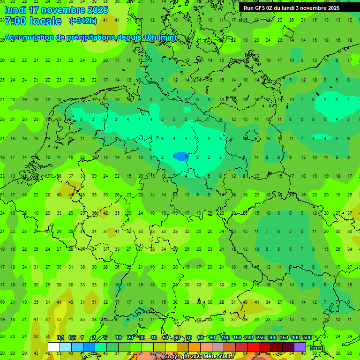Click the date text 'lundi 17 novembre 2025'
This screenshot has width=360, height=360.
tap(56, 10)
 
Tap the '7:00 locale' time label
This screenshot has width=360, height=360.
tap(33, 21)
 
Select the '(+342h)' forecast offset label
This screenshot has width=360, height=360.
tap(83, 21)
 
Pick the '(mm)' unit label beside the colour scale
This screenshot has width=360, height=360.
tap(317, 348)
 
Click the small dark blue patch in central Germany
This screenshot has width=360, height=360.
tap(180, 156)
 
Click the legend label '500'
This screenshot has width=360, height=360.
tap(307, 338)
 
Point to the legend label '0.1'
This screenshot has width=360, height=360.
tap(60, 338)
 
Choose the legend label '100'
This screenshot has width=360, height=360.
tap(225, 338)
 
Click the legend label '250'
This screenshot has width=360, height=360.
tap(261, 338)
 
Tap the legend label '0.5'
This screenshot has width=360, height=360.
tap(72, 338)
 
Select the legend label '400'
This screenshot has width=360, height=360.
tap(296, 338)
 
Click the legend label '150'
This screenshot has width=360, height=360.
tap(237, 338)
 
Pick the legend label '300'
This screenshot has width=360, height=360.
tap(272, 338)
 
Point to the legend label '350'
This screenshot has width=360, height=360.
tap(284, 338)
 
